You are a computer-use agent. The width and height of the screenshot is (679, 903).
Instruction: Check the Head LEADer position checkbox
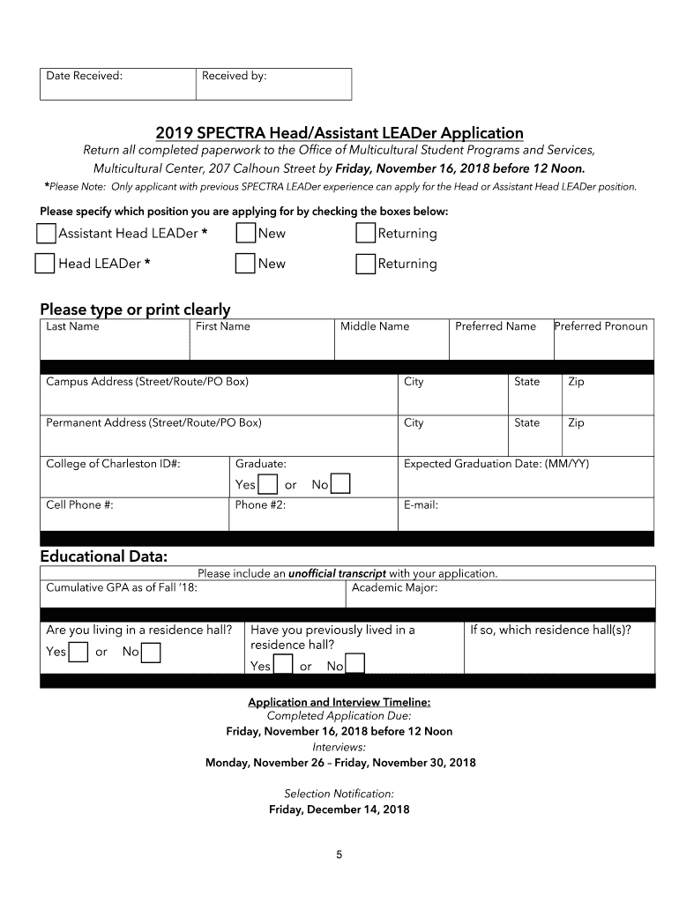coord(45,264)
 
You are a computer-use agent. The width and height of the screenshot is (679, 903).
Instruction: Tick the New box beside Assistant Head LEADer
coord(246,234)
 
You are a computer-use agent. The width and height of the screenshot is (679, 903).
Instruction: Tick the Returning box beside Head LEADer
coord(366,264)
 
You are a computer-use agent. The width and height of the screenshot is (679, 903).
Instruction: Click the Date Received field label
coord(84,76)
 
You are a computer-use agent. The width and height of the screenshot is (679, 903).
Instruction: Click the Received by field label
coord(234,76)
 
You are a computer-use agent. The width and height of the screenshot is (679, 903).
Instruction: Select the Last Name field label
coord(72,326)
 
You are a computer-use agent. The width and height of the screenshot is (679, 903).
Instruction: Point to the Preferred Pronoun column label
coord(601,326)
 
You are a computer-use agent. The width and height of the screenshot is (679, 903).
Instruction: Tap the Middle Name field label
coord(375,326)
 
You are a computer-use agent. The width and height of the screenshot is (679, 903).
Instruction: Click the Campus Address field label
coord(147,382)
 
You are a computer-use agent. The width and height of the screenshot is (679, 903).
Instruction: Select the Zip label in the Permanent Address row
coord(576,422)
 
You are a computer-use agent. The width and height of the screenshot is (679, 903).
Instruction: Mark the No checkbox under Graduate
coord(340,485)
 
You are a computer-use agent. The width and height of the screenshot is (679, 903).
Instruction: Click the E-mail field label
coord(421,505)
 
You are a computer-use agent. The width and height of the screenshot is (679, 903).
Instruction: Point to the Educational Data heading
coord(103,556)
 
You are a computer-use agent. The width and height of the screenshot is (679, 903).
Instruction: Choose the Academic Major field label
coord(394,587)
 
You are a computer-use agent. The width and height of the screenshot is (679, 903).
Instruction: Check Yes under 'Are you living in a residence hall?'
coord(78,653)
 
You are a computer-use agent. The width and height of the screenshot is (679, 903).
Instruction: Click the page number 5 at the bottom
coord(339,854)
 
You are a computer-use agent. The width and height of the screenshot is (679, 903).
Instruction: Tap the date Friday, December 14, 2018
coord(339,810)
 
